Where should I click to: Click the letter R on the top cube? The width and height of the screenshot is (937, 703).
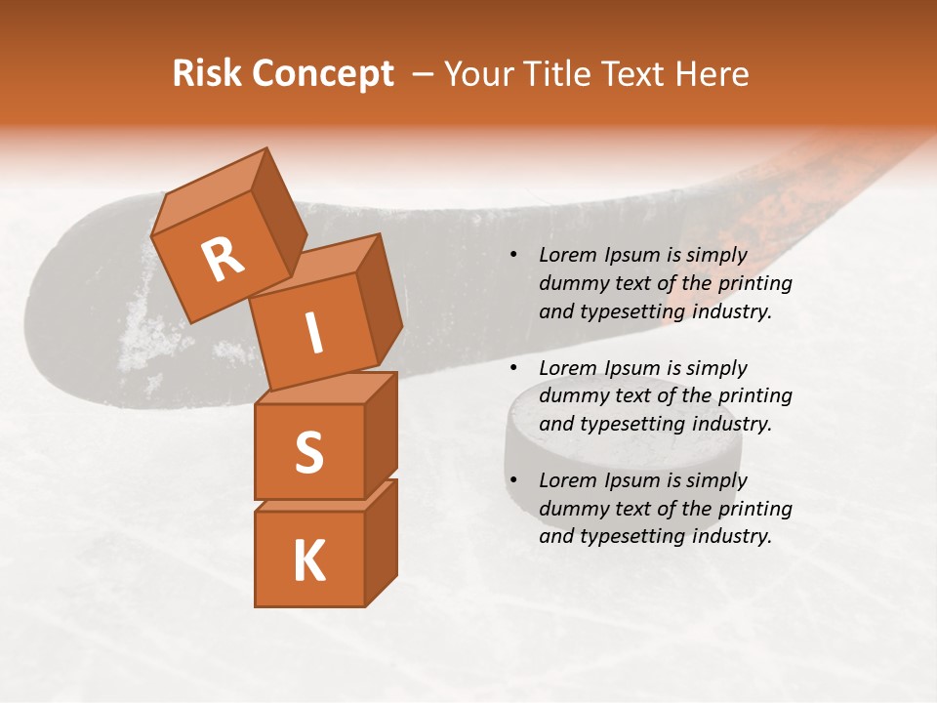(223, 259)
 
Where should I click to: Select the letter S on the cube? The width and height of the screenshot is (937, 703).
(308, 452)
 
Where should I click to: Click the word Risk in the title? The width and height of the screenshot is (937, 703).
(207, 73)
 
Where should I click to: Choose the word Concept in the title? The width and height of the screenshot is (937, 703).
(322, 74)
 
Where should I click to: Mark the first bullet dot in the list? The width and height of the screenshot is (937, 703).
(513, 256)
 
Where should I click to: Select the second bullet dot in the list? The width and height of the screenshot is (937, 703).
(513, 368)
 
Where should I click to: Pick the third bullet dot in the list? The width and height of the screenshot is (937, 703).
(513, 480)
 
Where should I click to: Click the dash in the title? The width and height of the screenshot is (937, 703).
(424, 74)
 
